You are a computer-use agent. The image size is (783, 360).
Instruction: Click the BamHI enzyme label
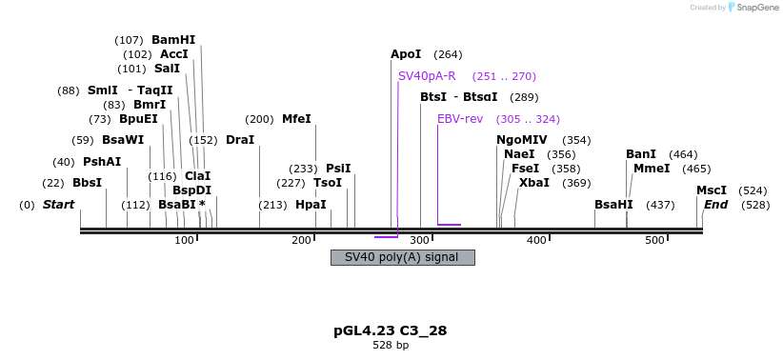[x=172, y=40]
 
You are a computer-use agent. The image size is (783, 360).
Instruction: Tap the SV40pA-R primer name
[x=426, y=76]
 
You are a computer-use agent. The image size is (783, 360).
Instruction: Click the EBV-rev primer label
[x=460, y=119]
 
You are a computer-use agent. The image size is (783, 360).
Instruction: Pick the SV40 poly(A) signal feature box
[x=402, y=257]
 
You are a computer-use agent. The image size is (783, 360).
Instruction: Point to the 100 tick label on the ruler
[x=184, y=240]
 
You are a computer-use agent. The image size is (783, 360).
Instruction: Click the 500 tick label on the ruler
[x=654, y=240]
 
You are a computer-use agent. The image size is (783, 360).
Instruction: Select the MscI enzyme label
[x=712, y=190]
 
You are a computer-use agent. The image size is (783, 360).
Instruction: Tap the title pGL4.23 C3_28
[x=391, y=330]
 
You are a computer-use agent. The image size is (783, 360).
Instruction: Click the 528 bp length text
[x=391, y=345]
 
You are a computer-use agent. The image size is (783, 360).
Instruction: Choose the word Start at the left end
[x=58, y=205]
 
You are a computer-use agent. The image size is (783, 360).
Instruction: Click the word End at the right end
[x=716, y=205]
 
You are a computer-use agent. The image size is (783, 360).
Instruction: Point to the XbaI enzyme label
[x=533, y=183]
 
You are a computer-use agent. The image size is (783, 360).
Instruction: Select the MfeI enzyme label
[x=296, y=119]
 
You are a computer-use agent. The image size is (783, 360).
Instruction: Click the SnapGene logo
[x=756, y=8]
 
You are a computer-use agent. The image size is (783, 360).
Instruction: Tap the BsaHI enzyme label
[x=613, y=205]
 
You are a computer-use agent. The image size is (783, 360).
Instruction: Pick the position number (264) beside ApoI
[x=448, y=54]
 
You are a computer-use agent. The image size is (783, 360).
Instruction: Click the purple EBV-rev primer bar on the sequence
[x=449, y=226]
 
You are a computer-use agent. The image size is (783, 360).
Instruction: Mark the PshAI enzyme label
[x=102, y=162]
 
